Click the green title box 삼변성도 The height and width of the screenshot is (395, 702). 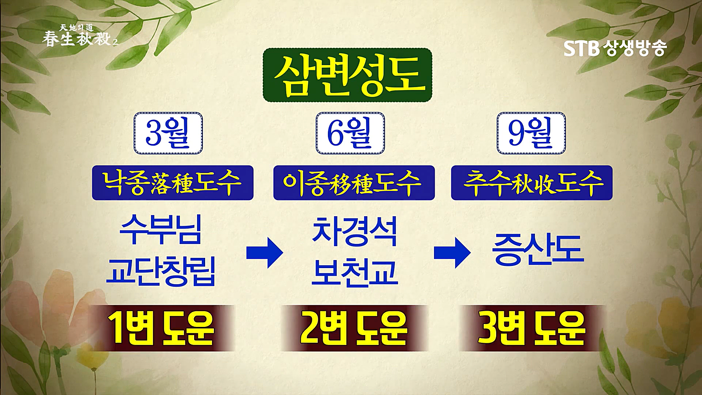click(x=347, y=75)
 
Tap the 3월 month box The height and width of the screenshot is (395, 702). click(x=168, y=133)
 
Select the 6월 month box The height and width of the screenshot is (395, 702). click(x=350, y=133)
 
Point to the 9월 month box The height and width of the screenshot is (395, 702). click(x=531, y=133)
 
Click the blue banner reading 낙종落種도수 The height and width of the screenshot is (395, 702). click(x=172, y=183)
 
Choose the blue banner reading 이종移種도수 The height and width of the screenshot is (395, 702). click(x=354, y=183)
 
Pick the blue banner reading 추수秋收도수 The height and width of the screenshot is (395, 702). click(x=531, y=183)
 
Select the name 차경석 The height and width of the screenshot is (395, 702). click(x=354, y=232)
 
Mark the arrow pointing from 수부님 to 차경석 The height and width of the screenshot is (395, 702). click(x=265, y=253)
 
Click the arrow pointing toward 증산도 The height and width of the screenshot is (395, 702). click(x=452, y=253)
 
